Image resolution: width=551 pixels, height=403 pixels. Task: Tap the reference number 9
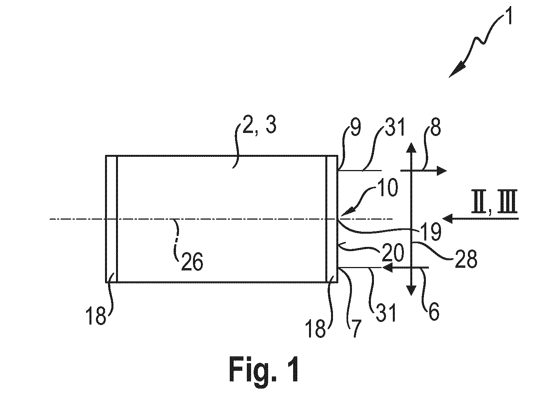pos(356,128)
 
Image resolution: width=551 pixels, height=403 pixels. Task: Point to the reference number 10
pos(388,188)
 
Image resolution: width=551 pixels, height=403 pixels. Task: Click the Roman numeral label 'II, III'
pos(494,202)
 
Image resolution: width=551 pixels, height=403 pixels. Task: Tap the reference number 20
pos(393,252)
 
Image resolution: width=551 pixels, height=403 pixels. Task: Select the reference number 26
pos(192,262)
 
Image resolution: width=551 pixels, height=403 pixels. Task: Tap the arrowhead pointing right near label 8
pos(441,170)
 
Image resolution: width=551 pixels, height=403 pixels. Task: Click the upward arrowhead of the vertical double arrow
pos(411,147)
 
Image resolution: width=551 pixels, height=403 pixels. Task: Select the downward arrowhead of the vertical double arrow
pos(411,291)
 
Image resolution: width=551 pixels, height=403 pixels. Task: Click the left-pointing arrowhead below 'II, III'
pos(448,219)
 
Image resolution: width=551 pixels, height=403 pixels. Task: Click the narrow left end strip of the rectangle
pos(111,219)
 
